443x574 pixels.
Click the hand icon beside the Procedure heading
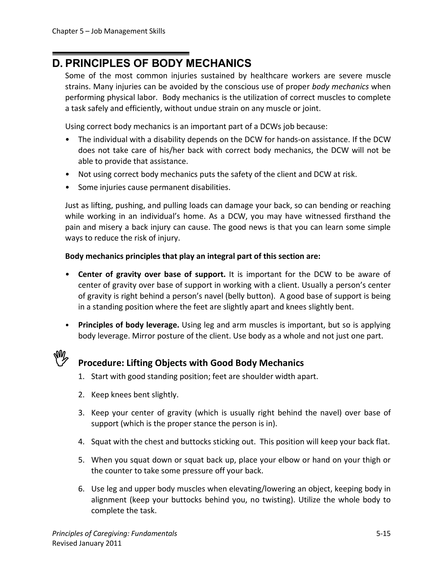coord(61,358)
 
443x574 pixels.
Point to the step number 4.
coord(81,442)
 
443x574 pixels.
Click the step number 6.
coord(81,489)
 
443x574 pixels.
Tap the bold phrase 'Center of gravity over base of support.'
coord(152,274)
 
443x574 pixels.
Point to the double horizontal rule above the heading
coord(121,53)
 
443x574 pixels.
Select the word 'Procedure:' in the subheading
coord(101,363)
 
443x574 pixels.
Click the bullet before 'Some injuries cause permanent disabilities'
coord(68,188)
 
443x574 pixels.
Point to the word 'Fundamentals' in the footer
coord(154,533)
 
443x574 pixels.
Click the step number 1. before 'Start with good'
coord(81,377)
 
